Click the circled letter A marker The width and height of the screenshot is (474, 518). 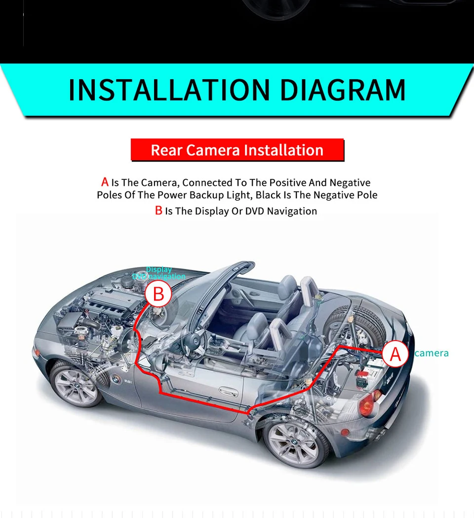pos(395,354)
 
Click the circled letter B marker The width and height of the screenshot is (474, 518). pos(158,294)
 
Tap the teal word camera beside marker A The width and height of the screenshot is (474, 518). pos(432,353)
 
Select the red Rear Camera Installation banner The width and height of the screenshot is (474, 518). pos(237,150)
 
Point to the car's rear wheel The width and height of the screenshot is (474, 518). pos(296,438)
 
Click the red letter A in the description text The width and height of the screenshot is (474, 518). pos(104,182)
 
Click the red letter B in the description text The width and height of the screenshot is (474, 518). pos(158,211)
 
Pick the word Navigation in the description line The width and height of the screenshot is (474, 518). pos(291,211)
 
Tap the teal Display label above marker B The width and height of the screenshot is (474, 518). pos(158,269)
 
